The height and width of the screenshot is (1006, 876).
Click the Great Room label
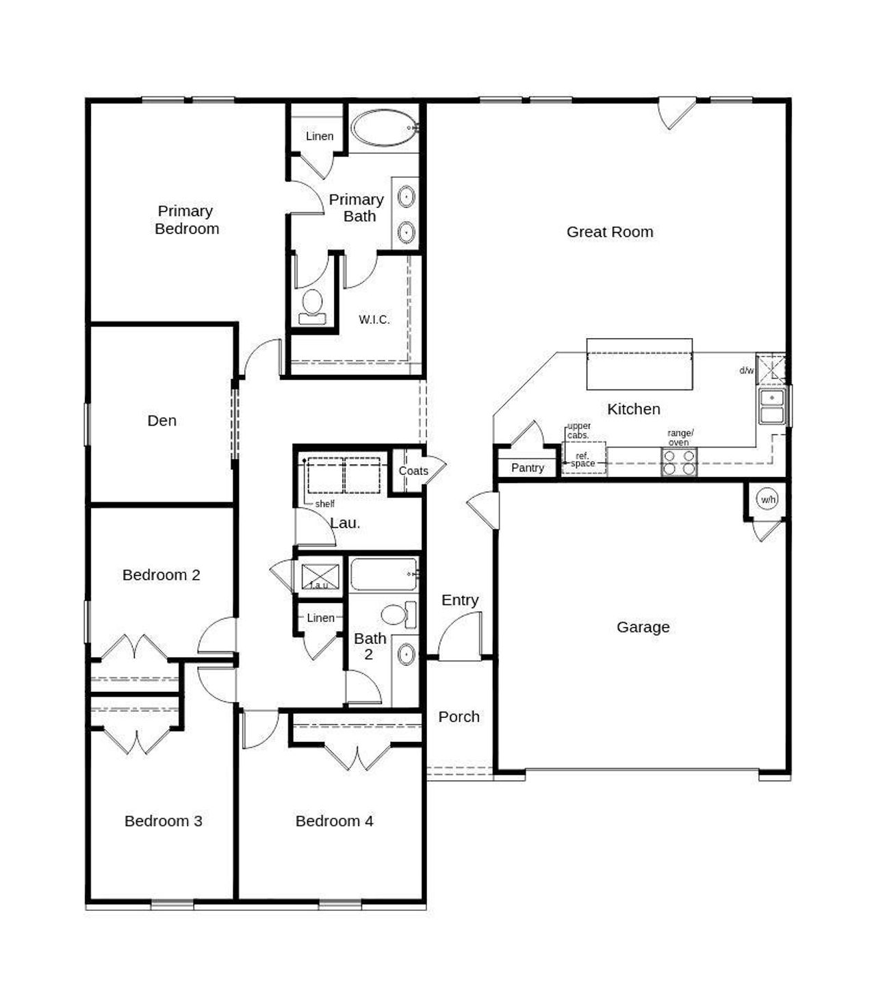609,232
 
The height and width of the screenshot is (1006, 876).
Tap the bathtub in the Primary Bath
384,127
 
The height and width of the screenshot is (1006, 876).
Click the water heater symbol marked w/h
768,500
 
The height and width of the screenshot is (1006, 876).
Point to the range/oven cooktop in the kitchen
679,462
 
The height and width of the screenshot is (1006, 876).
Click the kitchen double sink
772,407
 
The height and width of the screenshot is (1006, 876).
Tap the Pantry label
527,468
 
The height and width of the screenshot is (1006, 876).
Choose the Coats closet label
413,471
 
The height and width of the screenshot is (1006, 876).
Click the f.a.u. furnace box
320,576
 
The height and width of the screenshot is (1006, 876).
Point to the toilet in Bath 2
398,614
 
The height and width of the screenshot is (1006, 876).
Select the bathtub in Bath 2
383,573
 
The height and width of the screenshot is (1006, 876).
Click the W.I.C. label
374,320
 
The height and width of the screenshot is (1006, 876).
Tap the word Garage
643,627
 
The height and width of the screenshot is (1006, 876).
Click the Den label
162,421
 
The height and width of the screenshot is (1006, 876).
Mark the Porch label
459,717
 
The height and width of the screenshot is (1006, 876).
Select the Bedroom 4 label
334,821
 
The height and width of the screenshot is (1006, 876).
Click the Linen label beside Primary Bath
320,136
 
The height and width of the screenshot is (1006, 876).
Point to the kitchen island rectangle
639,364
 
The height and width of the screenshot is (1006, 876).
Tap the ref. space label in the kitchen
583,460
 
